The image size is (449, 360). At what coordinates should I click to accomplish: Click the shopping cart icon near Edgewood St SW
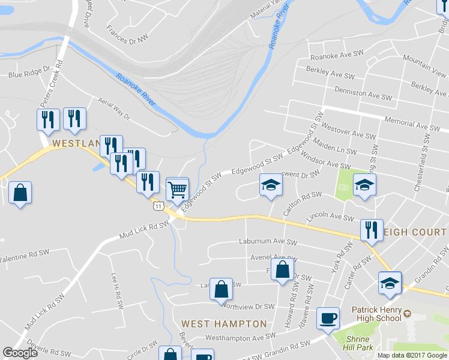(x=177, y=190)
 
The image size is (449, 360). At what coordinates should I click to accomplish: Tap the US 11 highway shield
(x=158, y=205)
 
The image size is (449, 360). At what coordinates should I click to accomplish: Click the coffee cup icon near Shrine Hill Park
(x=328, y=317)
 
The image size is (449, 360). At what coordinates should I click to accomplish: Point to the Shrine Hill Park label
(x=359, y=343)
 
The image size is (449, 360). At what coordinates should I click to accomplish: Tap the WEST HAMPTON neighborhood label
(x=224, y=323)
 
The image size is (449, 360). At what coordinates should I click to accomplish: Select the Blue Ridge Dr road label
(x=28, y=75)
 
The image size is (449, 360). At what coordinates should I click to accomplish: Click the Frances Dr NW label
(x=127, y=34)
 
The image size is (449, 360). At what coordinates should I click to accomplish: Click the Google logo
(x=20, y=353)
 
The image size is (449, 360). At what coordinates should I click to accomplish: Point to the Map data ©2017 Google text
(x=412, y=355)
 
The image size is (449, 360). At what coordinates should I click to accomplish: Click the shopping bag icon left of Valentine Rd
(x=20, y=193)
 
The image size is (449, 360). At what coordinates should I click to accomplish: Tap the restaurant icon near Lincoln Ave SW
(x=372, y=230)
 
